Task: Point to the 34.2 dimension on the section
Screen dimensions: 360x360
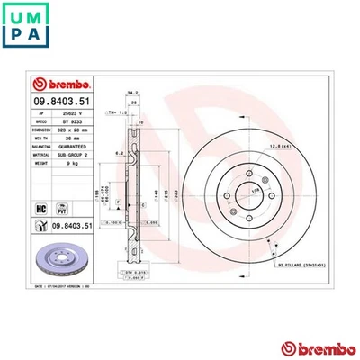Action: [x=132, y=92]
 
